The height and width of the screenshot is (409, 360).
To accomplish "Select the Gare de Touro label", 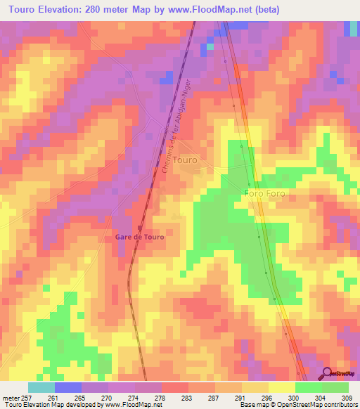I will tap(139, 237).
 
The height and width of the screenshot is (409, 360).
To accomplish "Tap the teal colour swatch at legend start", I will tap(41, 387).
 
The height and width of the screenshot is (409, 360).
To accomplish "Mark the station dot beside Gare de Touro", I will tap(140, 228).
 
